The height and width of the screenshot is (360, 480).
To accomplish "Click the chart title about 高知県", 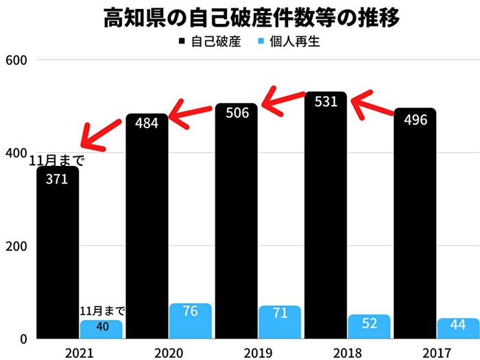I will [x=240, y=16].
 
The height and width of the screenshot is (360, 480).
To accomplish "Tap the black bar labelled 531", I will [x=326, y=219].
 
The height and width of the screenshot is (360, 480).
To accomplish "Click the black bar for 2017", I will [x=415, y=226].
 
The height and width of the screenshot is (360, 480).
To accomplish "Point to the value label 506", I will [x=237, y=113].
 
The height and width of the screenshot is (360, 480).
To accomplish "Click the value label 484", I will [x=147, y=123].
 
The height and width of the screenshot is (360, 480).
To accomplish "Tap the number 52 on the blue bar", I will [x=369, y=324].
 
